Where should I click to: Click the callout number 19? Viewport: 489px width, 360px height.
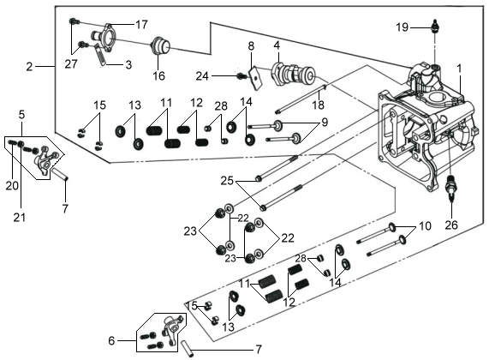click(403, 27)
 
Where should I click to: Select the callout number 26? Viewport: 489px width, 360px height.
click(451, 225)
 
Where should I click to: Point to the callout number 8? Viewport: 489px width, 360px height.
click(251, 46)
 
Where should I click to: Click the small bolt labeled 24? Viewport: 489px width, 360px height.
click(242, 75)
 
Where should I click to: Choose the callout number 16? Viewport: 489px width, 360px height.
click(158, 75)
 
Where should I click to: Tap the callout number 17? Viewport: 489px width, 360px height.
click(141, 24)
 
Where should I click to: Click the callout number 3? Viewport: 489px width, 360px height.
click(128, 65)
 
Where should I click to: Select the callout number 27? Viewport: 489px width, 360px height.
click(71, 64)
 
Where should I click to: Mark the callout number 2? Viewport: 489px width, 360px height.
click(29, 67)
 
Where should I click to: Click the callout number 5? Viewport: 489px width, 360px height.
click(21, 115)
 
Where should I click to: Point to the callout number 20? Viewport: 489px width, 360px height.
click(12, 186)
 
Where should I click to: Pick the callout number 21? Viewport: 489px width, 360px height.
click(20, 218)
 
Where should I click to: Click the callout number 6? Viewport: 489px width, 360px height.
click(111, 340)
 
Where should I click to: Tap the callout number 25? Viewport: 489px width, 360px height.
click(227, 181)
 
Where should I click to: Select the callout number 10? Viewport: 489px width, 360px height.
click(425, 225)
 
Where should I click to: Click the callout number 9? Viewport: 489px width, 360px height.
click(325, 123)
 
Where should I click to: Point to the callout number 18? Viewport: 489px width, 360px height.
click(318, 105)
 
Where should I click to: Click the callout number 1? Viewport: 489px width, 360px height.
click(459, 69)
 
